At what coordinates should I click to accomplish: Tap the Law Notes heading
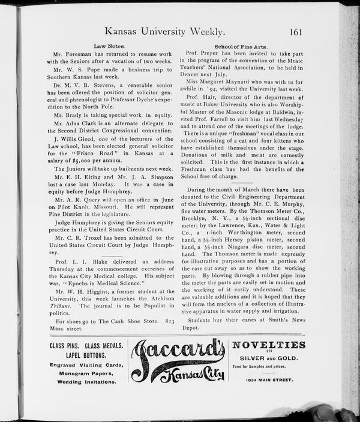109,46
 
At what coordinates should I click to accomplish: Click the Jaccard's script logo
178,360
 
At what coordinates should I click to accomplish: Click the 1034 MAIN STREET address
269,380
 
